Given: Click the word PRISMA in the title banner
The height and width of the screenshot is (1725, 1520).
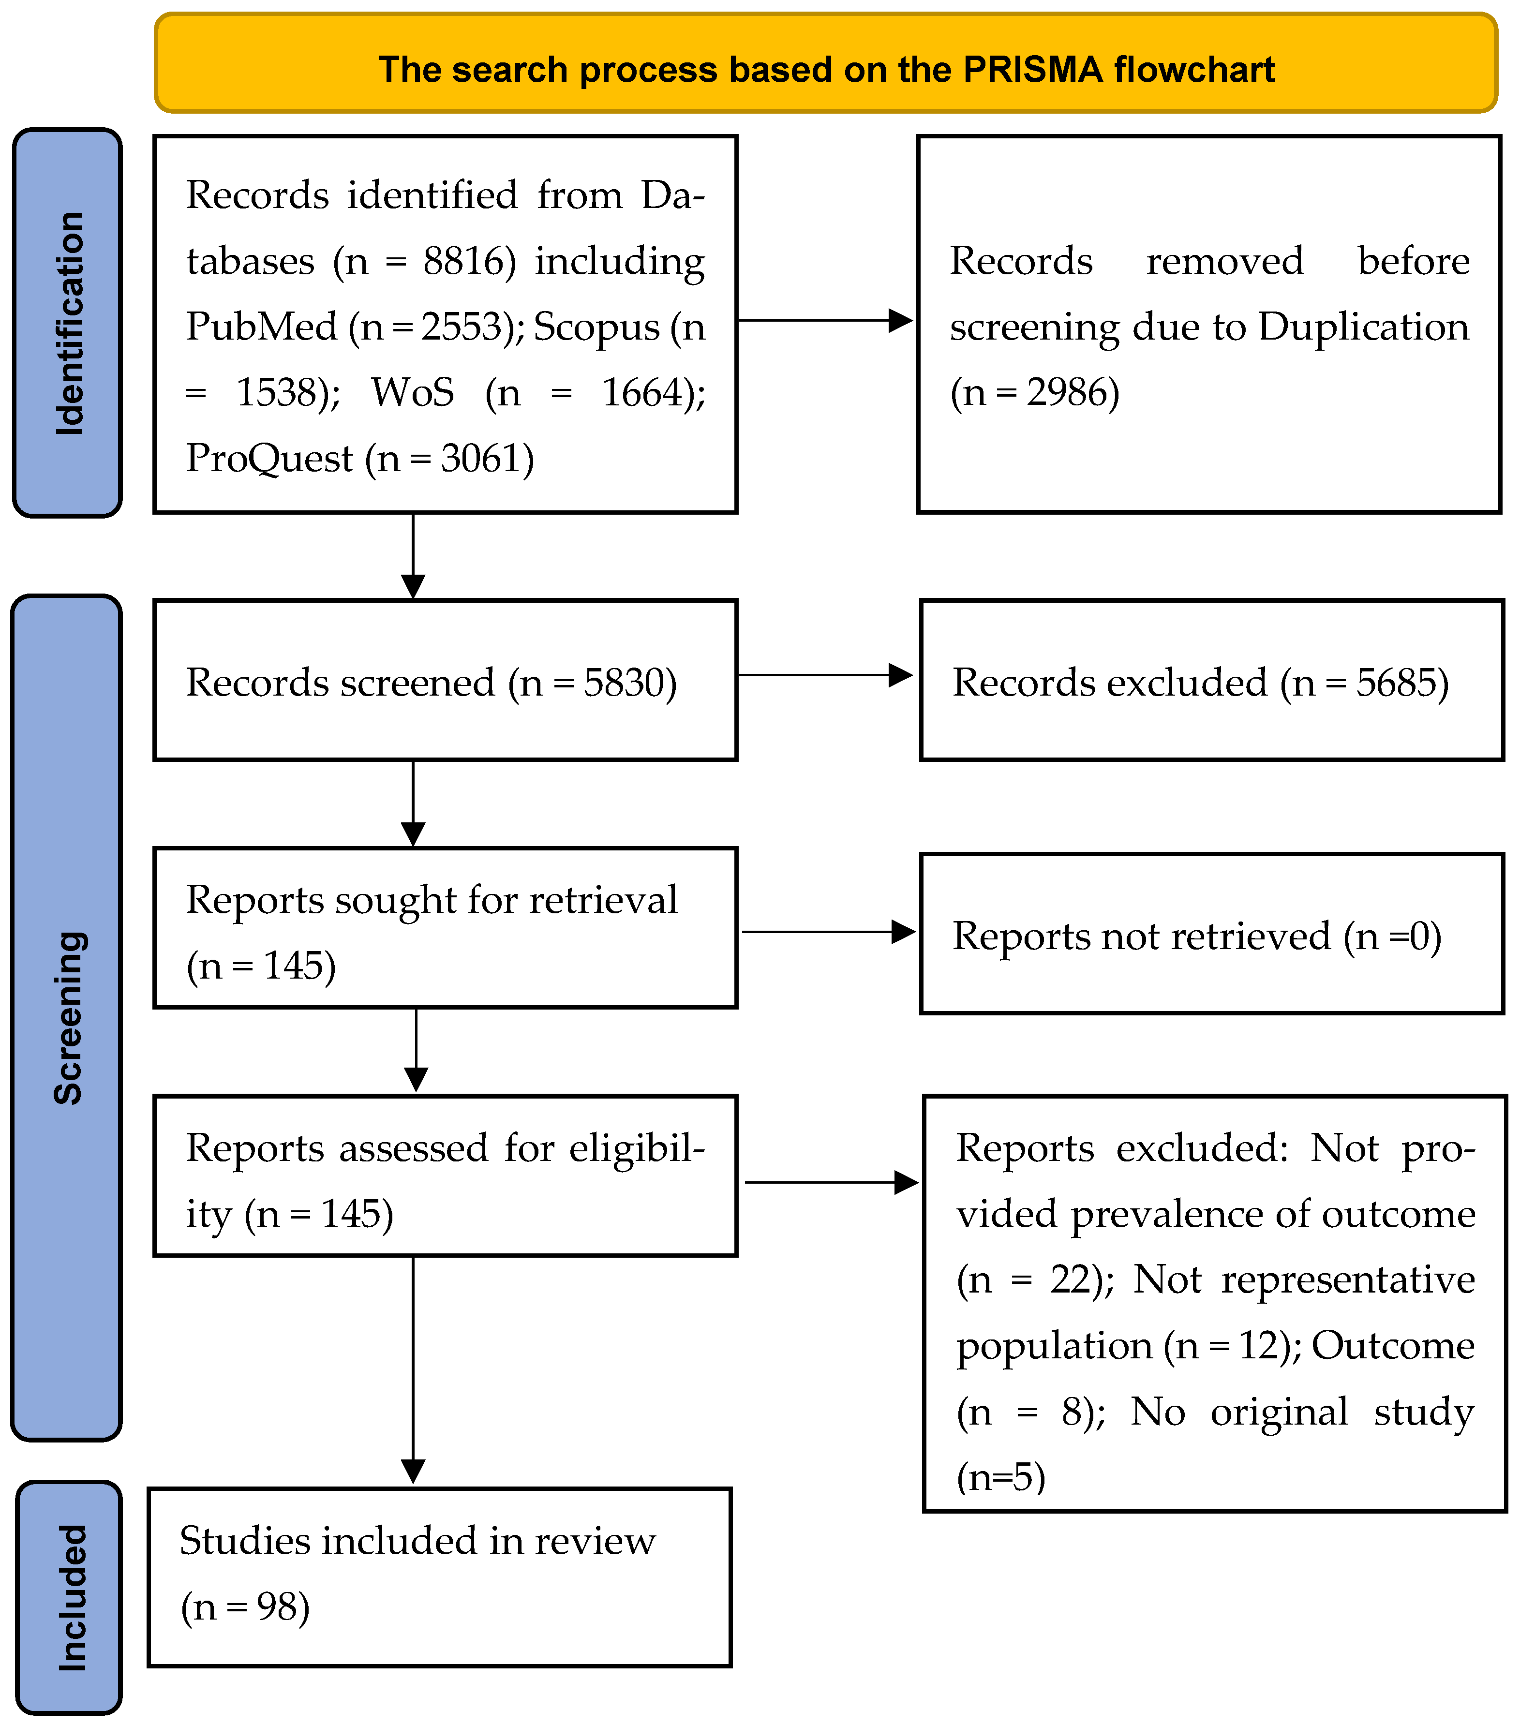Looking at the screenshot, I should coord(1032,69).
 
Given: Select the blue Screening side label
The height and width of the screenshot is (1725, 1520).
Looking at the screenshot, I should coord(68,1017).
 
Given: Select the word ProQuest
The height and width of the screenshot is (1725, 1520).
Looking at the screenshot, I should coord(268,458).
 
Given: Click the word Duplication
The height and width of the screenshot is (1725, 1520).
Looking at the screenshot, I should coord(1363,327).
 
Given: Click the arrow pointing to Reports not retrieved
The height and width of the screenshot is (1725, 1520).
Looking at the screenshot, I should coord(828,932).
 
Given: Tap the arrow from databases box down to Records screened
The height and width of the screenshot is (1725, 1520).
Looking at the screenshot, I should coord(413,556).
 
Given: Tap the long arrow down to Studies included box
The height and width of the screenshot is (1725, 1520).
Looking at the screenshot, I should coord(413,1367).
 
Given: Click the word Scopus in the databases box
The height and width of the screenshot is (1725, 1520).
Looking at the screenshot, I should coord(596,327).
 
